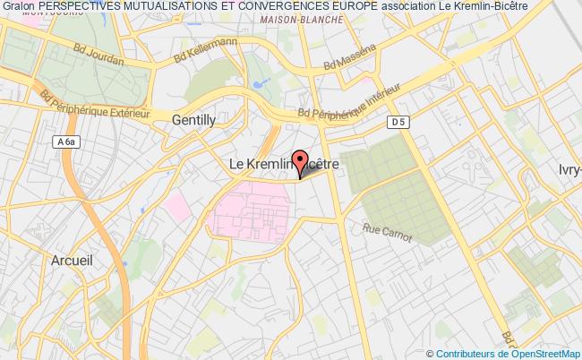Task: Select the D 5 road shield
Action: click(x=398, y=121)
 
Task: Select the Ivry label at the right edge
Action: click(x=569, y=168)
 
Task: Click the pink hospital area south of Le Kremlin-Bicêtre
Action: click(x=255, y=211)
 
